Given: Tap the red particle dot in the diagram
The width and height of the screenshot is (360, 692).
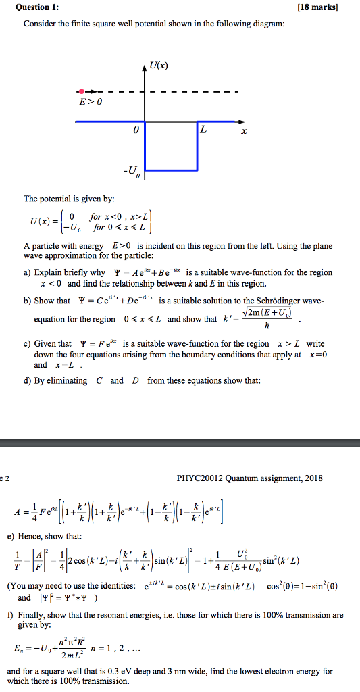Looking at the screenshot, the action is point(82,91).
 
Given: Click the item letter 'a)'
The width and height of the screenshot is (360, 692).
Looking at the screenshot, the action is point(28,272).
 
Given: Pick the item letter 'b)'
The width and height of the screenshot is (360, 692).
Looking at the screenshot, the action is point(28,301).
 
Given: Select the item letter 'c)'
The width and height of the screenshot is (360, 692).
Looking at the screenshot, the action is point(28,344).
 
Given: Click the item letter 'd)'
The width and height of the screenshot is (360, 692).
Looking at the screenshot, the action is point(28,380).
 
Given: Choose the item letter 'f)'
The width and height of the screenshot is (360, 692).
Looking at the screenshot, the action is point(26,615).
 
